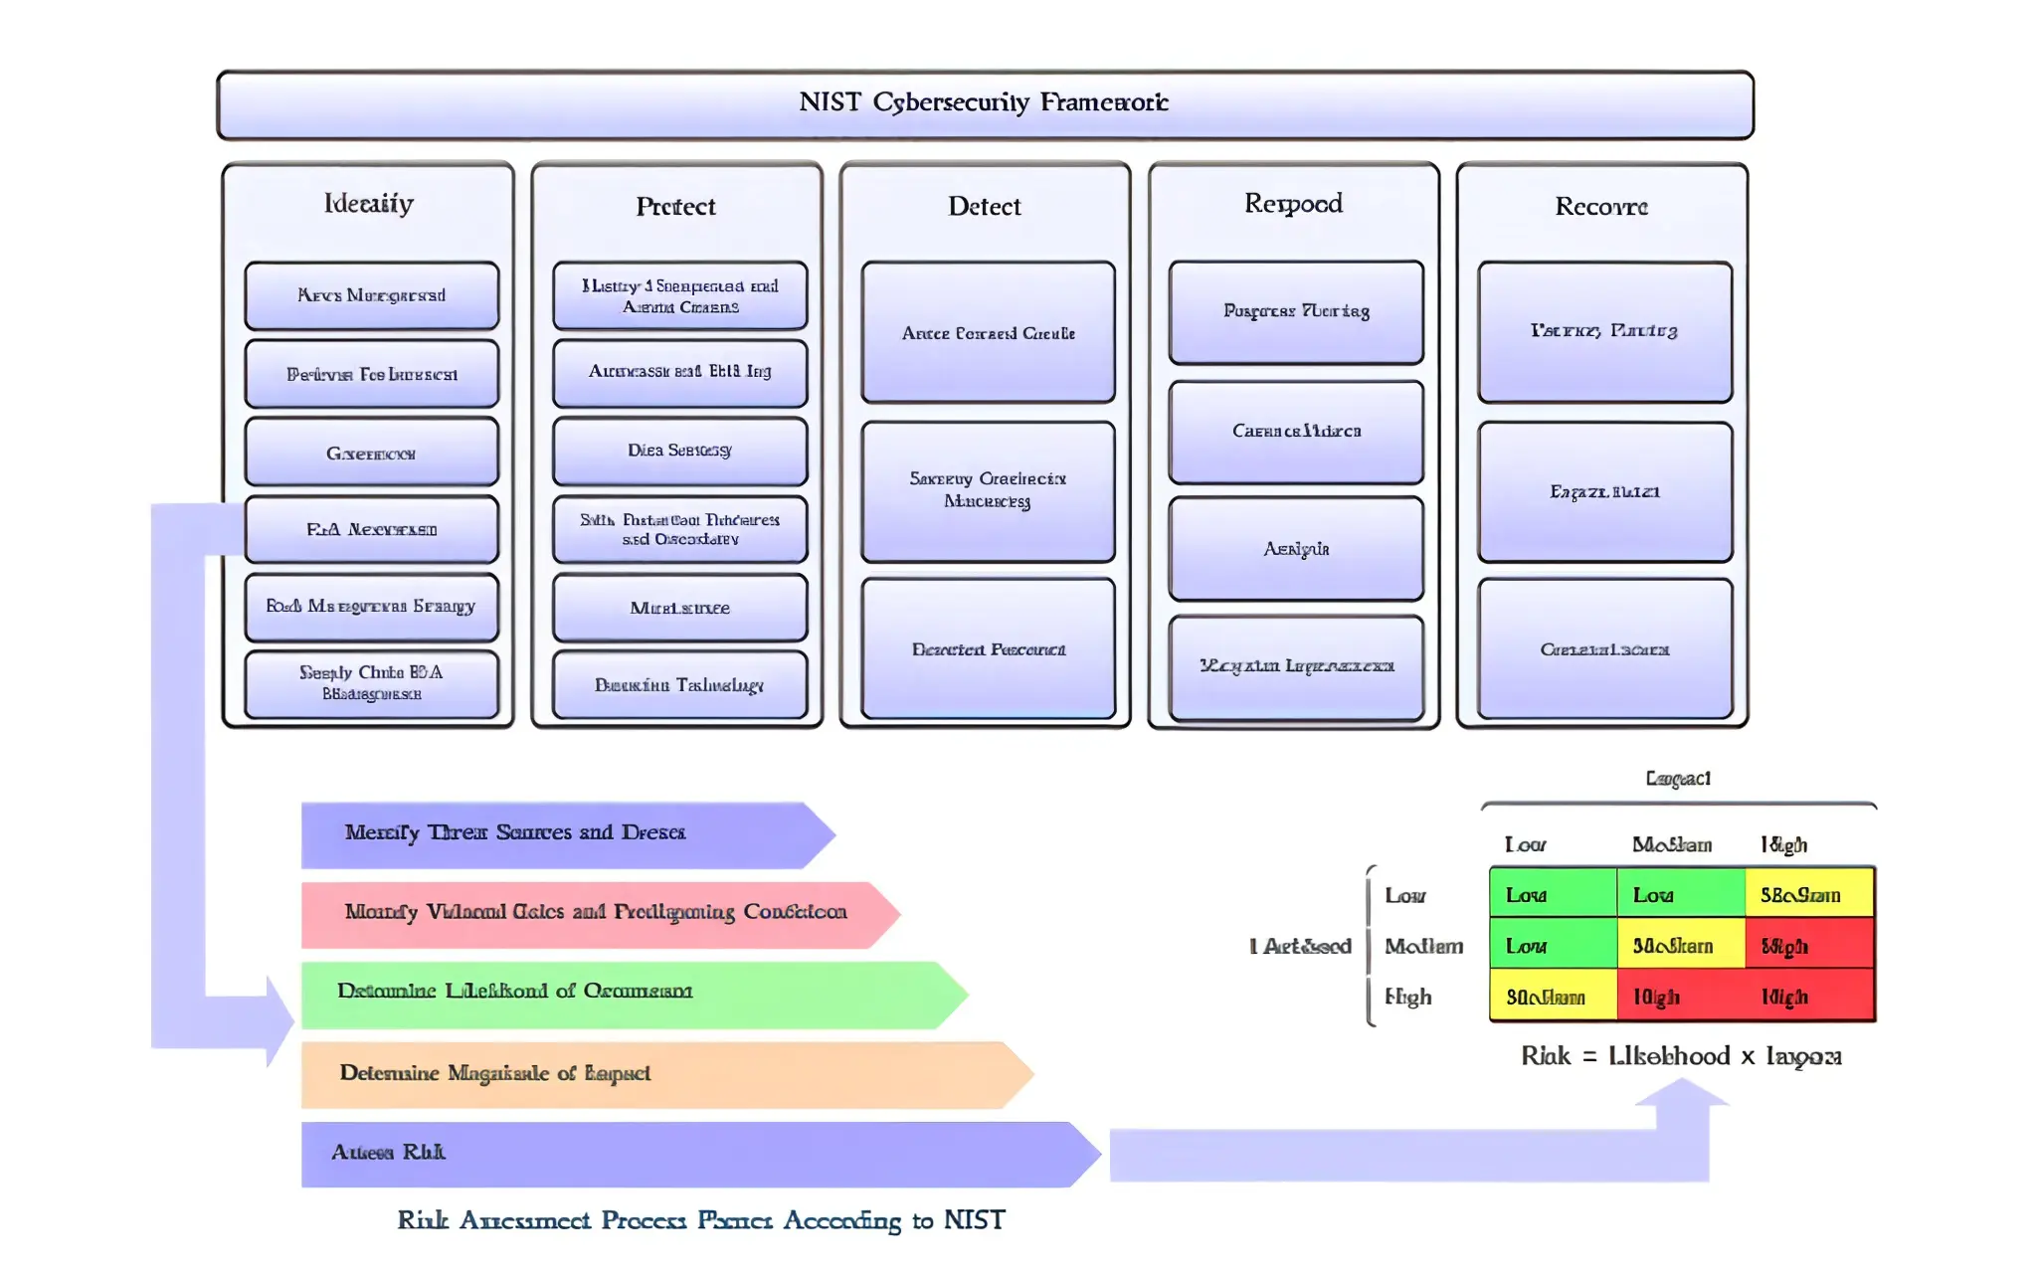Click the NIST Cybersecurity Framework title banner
(985, 103)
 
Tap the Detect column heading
(984, 206)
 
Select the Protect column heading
(675, 206)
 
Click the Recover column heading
(1601, 206)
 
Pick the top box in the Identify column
(371, 295)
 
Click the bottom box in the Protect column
(679, 684)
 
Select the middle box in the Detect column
(988, 490)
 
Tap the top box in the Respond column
(1296, 311)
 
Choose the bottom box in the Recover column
(1604, 648)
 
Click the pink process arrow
(595, 913)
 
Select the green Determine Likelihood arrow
(617, 993)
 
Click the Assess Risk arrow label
(388, 1152)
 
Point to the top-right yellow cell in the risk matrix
(1808, 893)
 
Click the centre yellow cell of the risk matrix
(1679, 945)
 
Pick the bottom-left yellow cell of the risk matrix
(1552, 997)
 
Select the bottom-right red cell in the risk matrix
(1808, 997)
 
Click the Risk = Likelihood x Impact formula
(1681, 1056)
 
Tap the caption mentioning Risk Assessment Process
(701, 1220)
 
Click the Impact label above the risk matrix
(1678, 779)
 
